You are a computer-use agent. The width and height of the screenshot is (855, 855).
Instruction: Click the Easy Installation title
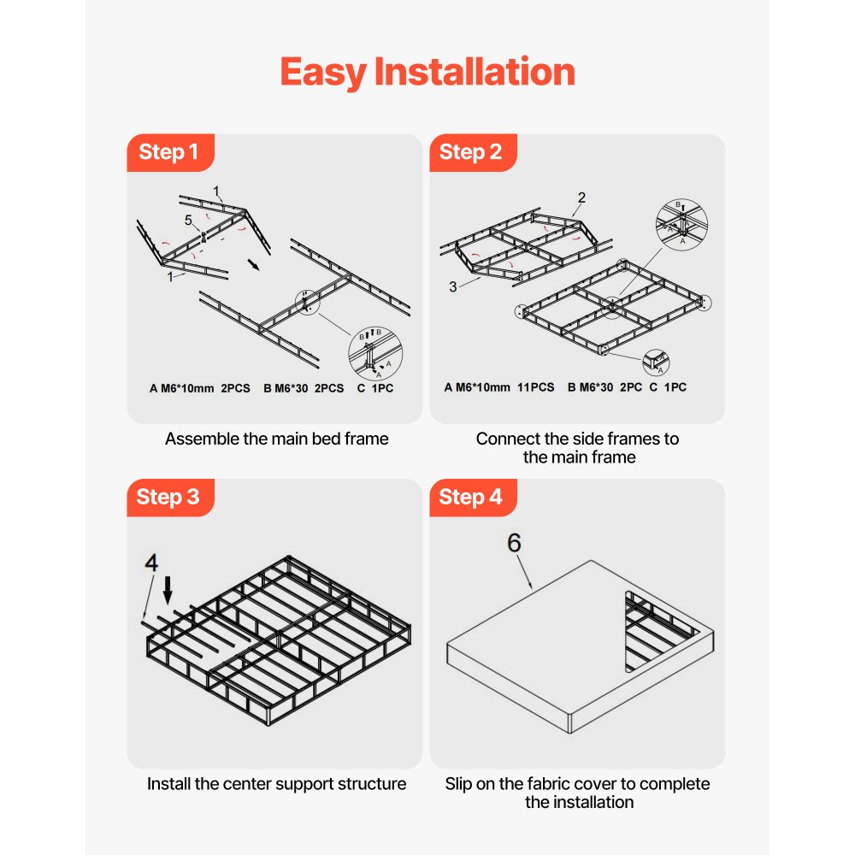[x=427, y=72]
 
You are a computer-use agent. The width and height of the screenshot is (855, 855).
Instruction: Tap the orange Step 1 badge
[x=169, y=152]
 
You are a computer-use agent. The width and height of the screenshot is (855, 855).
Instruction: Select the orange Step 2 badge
[x=471, y=152]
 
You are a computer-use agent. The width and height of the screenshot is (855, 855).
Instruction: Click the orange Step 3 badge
[x=169, y=497]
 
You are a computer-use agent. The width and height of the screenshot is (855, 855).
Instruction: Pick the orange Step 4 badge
[x=471, y=497]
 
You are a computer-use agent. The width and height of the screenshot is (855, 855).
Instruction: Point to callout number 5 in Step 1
[x=189, y=220]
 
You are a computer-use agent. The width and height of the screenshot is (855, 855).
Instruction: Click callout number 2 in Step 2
[x=581, y=198]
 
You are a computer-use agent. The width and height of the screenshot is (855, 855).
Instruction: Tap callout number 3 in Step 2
[x=453, y=286]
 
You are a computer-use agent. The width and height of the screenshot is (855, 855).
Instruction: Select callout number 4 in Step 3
[x=151, y=563]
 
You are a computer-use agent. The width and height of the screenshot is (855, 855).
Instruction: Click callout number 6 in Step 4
[x=514, y=545]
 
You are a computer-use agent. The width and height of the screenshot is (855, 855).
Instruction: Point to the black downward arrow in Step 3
[x=168, y=588]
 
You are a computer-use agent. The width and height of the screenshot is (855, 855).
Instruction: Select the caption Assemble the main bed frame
[x=276, y=439]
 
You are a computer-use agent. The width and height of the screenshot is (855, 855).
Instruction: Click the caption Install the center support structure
[x=276, y=783]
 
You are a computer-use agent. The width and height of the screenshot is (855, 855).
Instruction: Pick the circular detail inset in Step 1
[x=374, y=353]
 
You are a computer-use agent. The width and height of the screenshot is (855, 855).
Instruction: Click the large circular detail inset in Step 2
[x=681, y=224]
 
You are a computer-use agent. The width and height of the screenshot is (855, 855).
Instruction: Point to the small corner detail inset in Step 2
[x=657, y=362]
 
